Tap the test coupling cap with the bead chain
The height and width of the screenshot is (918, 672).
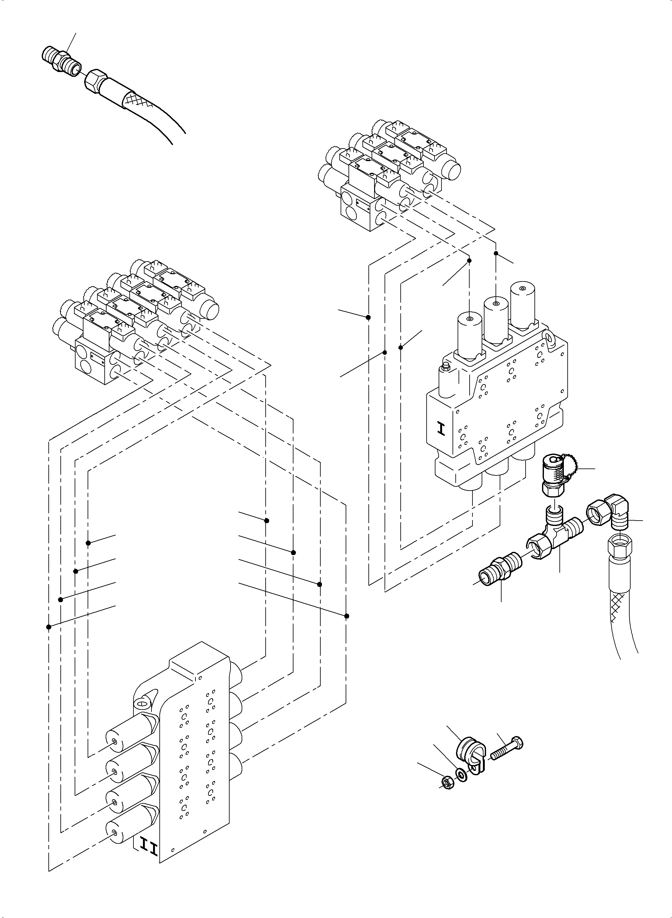[x=554, y=475]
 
